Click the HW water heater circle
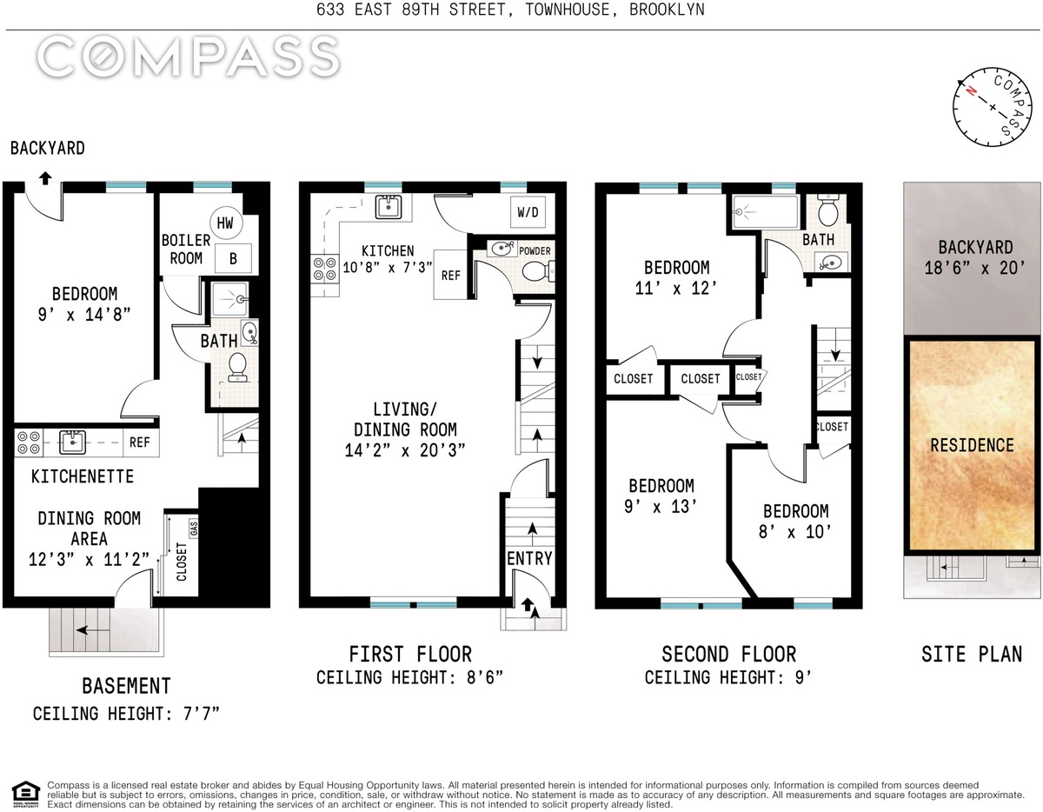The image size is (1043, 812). coord(226,223)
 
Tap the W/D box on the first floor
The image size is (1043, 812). coord(528,211)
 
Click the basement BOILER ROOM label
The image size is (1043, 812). coord(186,249)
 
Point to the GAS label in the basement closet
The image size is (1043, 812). coord(194,529)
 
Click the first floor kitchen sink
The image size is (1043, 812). coord(388,207)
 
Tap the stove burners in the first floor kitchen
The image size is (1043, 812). coord(324,269)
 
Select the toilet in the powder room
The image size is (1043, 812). coord(537,271)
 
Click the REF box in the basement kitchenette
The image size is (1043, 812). coord(140,442)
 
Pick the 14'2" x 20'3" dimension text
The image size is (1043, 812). coord(405,450)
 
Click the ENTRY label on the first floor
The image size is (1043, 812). coord(530,559)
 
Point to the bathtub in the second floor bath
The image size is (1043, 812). coord(765,211)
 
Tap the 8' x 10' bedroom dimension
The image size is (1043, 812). coord(794,532)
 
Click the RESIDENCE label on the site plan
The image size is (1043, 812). coord(972,445)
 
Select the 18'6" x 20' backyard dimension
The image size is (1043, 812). coord(975,267)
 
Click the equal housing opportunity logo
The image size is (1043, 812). coord(25,795)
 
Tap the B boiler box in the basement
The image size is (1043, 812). coord(233,259)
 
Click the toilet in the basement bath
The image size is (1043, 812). coord(237,368)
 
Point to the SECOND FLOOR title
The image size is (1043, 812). coord(728,655)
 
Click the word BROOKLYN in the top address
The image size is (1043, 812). coord(667,10)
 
